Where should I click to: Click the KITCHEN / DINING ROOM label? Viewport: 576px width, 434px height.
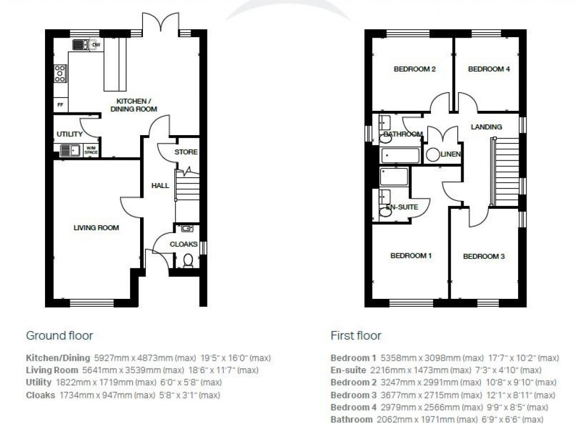(x=133, y=105)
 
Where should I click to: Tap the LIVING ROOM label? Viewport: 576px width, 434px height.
(x=96, y=228)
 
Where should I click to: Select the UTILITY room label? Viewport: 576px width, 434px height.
(x=69, y=135)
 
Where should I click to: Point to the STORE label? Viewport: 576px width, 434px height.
(x=186, y=152)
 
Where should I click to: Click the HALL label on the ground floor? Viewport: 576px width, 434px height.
(x=160, y=185)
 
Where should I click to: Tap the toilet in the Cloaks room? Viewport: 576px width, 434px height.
(x=188, y=260)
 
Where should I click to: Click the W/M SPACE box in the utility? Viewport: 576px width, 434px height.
(x=91, y=150)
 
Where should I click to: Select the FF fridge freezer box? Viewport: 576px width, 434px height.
(x=60, y=105)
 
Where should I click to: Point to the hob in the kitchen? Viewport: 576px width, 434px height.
(x=60, y=74)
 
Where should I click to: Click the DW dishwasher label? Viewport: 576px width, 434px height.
(x=96, y=44)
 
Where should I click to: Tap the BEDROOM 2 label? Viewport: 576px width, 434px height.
(x=415, y=69)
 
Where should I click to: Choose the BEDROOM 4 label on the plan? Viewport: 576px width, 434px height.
(x=489, y=69)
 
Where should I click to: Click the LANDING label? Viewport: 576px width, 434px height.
(x=486, y=127)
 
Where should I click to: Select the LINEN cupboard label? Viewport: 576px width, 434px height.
(x=451, y=154)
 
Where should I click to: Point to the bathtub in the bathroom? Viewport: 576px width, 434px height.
(x=400, y=155)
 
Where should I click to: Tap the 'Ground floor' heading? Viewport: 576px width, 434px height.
(x=60, y=335)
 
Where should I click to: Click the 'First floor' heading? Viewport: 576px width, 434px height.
(x=355, y=335)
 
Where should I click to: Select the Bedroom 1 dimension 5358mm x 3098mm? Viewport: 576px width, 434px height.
(x=431, y=358)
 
